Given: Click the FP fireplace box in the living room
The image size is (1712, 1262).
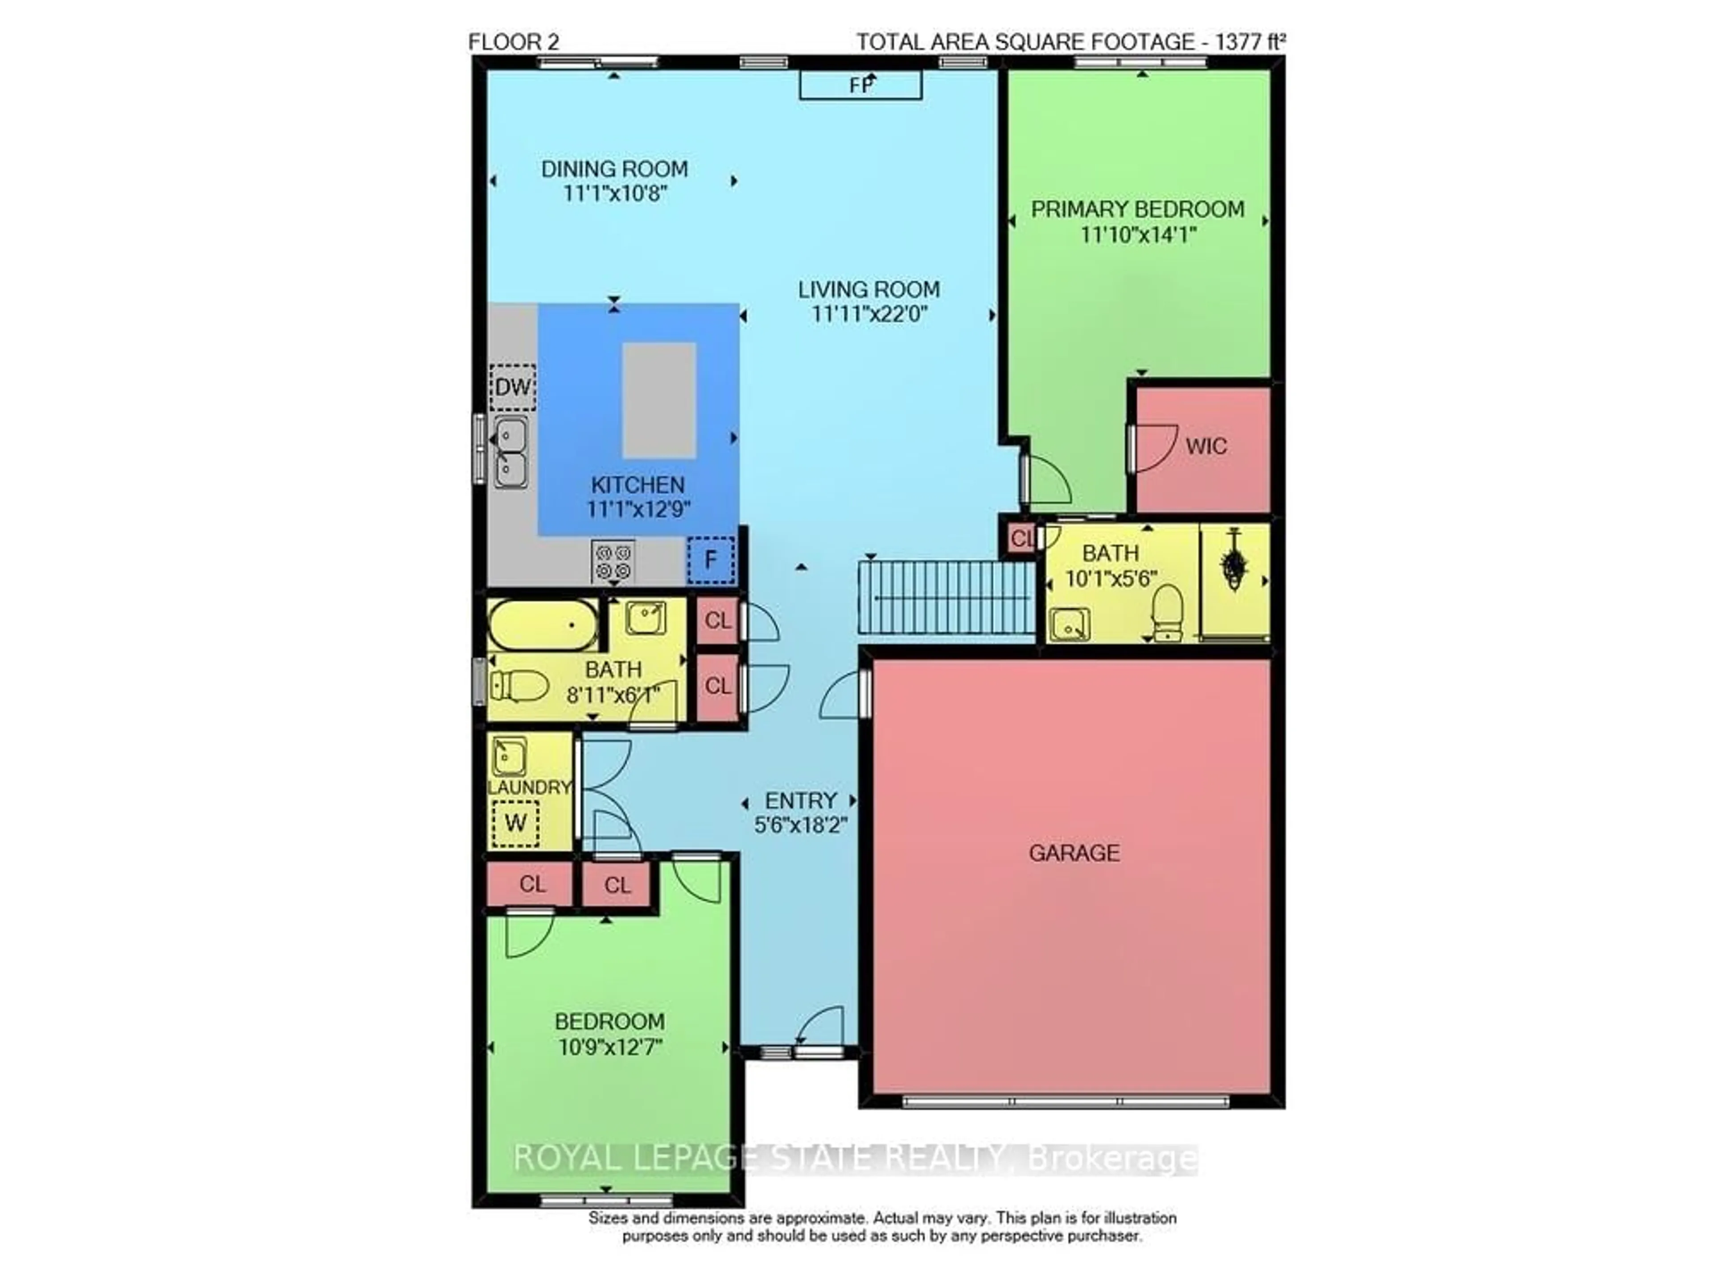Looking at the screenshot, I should coord(860,85).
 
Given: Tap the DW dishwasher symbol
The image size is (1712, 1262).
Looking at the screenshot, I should coord(512,388).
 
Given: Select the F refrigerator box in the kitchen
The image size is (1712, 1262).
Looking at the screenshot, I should coord(710,560).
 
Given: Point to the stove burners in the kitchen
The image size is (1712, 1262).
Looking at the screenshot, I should coord(613,561).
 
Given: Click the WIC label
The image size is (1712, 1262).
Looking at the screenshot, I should coord(1206,446).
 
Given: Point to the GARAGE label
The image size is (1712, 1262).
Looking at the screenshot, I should coord(1074,853).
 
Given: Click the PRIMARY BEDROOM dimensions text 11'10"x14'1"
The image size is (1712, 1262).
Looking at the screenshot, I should coord(1138,234).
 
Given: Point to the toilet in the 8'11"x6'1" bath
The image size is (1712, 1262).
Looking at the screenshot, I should coord(519,685).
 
